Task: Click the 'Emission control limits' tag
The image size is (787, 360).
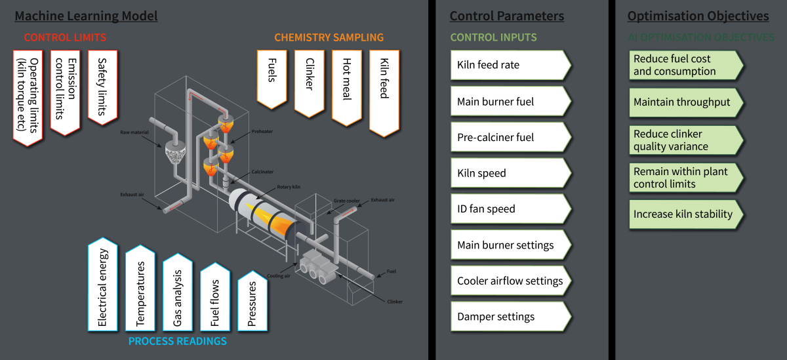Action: (x=65, y=92)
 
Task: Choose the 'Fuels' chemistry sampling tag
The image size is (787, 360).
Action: (x=272, y=79)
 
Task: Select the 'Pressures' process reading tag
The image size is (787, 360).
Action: (x=252, y=303)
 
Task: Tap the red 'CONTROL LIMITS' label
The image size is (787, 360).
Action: (x=65, y=37)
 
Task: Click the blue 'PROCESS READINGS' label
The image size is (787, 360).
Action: (x=177, y=341)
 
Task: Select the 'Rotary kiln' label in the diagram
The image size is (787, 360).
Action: (x=288, y=188)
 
